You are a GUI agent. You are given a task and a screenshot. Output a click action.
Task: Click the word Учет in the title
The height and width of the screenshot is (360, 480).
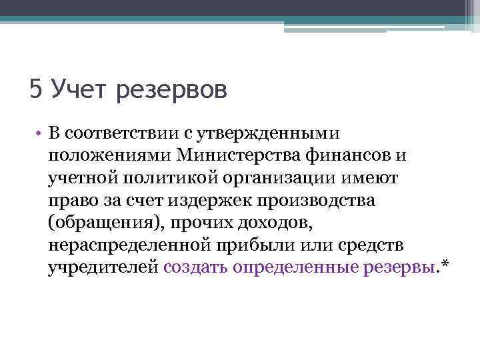(x=79, y=89)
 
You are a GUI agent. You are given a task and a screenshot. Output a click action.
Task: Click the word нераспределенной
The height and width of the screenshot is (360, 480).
(x=129, y=246)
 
